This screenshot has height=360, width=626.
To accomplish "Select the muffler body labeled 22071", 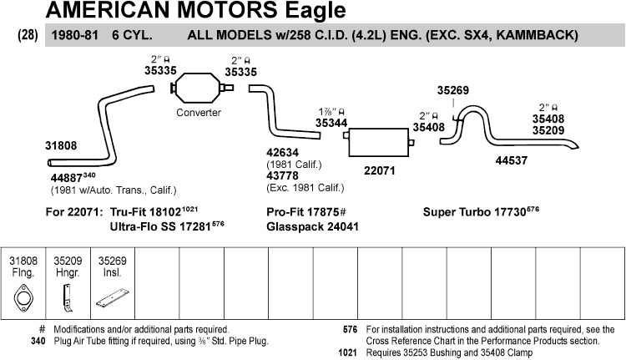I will click(x=380, y=143).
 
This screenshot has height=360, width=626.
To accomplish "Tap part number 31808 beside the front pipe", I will click(x=61, y=145).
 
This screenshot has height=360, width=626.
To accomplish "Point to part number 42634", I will click(x=284, y=154).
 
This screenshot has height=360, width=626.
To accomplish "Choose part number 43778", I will click(x=284, y=175).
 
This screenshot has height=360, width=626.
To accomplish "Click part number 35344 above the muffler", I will click(x=331, y=122).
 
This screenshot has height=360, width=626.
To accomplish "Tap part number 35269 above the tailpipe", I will click(x=453, y=90).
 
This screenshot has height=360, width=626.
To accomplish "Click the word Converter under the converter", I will click(x=198, y=113).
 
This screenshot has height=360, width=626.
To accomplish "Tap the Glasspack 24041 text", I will click(x=313, y=226).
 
